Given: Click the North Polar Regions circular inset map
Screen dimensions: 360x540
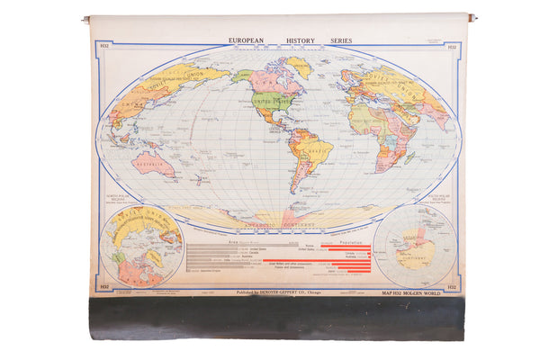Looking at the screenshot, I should click(142, 245).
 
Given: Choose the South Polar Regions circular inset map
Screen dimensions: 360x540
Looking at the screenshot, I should click(414, 245).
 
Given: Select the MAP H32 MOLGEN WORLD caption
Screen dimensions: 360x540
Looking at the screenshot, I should click(426, 292).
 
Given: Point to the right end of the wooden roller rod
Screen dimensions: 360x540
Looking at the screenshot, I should click(471, 17).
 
